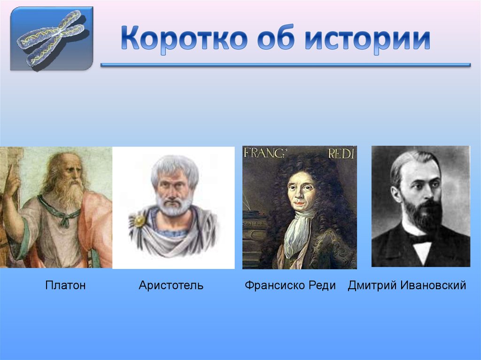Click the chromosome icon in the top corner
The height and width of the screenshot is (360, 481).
52,38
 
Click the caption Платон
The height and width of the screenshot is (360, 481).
65,285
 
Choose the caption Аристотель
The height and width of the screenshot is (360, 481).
171,285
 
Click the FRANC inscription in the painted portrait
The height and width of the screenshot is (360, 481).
259,153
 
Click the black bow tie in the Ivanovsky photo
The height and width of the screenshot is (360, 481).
421,238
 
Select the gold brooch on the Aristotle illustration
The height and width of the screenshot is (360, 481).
140,221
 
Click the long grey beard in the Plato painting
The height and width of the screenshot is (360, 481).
68,192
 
